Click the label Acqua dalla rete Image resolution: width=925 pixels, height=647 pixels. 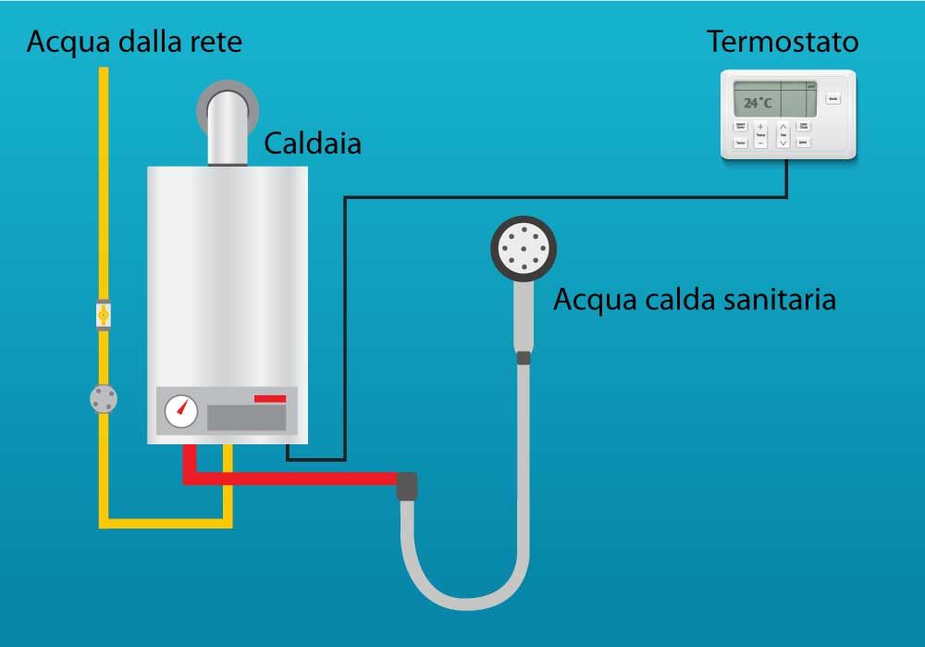[134, 43]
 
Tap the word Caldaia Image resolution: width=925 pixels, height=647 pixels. [312, 143]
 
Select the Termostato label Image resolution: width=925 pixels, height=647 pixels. [783, 42]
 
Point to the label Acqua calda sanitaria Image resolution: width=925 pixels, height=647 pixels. [694, 299]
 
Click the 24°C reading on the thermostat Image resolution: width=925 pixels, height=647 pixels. [758, 103]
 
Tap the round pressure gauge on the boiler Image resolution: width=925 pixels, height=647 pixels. [181, 411]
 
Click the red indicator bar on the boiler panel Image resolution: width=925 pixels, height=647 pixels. [270, 398]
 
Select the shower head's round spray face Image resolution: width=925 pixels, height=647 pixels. [524, 249]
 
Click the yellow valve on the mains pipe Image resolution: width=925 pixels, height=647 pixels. [104, 316]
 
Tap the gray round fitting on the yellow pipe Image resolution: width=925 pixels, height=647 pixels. [104, 399]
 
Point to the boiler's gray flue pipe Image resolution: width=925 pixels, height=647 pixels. [228, 125]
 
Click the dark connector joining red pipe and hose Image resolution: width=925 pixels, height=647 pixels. [407, 485]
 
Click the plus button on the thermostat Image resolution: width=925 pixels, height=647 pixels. [760, 127]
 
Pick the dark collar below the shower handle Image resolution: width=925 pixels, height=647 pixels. [524, 357]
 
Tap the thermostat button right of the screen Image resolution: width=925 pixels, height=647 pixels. [832, 98]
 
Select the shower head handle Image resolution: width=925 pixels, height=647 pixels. [524, 315]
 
